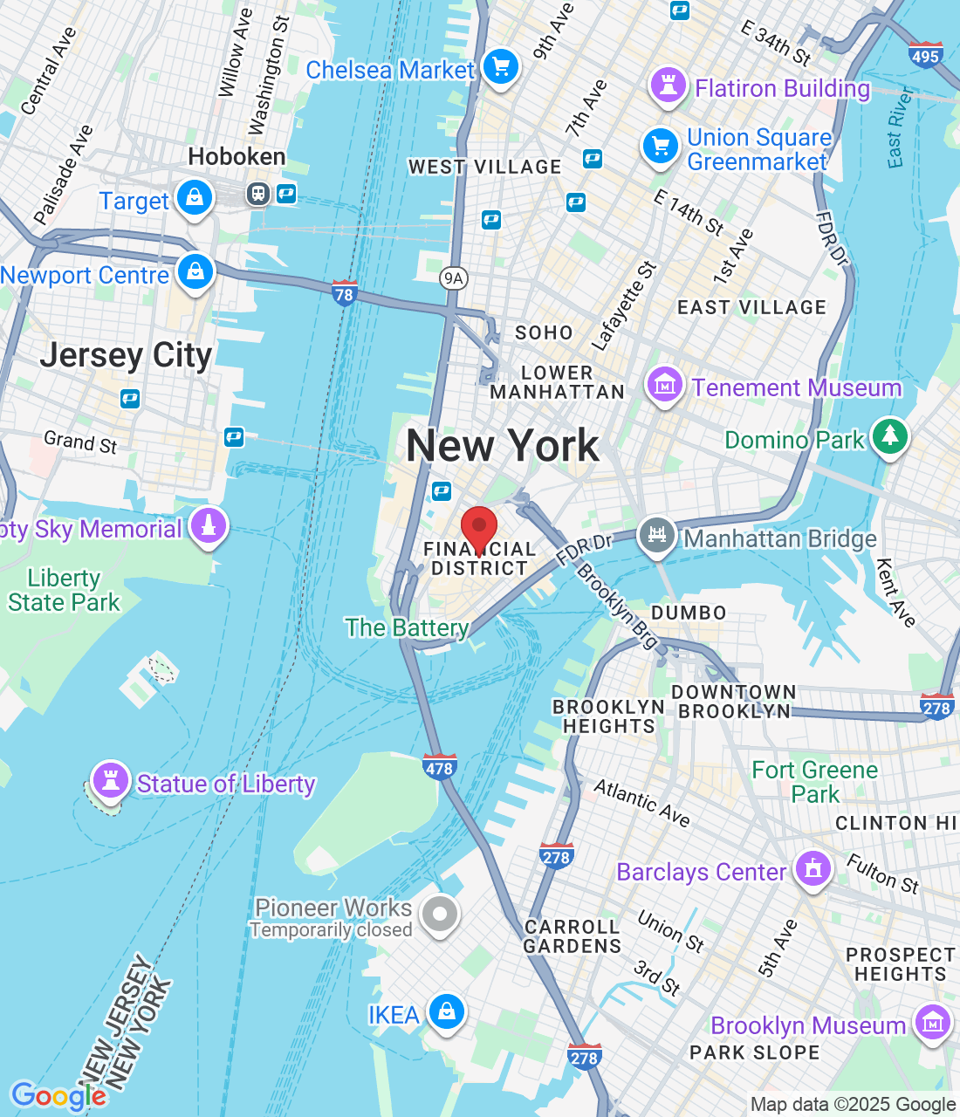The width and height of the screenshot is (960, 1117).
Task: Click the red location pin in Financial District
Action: coord(479,527)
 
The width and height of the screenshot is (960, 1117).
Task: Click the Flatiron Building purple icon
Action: coord(669,86)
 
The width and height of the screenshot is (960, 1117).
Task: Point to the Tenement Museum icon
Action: coord(664,384)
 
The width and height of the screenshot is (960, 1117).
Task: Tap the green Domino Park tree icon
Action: coord(890,435)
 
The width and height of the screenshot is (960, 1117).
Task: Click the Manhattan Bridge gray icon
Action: coord(657,535)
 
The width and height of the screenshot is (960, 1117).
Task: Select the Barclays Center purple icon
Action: coord(813,869)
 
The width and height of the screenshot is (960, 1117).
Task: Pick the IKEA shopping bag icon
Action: coord(447,1012)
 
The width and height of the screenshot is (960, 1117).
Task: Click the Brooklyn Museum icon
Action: coord(932,1023)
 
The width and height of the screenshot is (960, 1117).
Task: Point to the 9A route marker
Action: coord(453,278)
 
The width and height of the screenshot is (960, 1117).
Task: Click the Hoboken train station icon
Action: coord(257,194)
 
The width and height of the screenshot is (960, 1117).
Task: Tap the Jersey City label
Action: coord(127,355)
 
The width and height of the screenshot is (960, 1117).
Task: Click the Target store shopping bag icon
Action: coord(195,198)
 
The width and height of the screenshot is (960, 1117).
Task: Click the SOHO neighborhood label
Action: coord(544,332)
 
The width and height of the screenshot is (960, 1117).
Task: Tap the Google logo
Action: coord(58,1096)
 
